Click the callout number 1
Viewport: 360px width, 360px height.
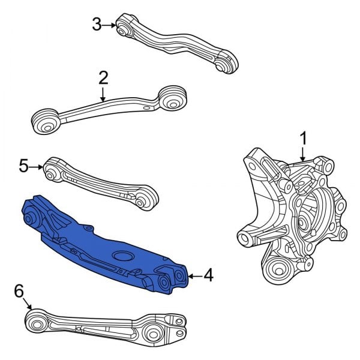pos(303,139)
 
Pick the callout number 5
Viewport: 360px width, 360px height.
pos(24,166)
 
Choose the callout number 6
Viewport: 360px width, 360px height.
pos(19,292)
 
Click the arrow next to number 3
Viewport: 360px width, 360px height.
pos(110,25)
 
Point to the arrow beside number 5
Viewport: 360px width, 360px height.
pos(37,166)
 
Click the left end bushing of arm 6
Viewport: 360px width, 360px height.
pos(38,324)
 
